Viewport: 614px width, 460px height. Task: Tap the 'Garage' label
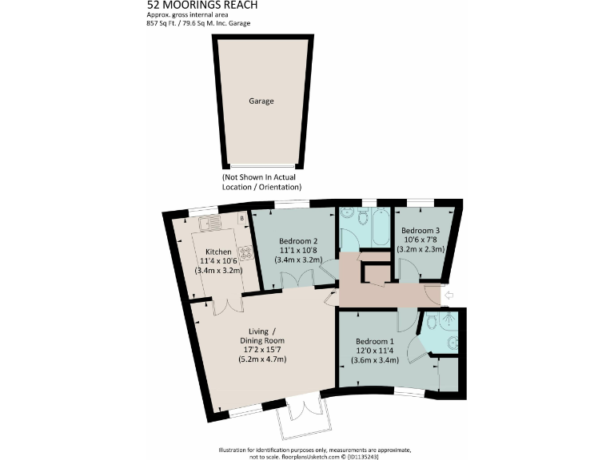coord(261,101)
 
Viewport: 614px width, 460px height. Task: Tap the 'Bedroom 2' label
coord(298,240)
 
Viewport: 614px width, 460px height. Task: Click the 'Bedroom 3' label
coord(421,229)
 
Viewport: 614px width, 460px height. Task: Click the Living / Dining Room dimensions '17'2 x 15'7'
coord(262,350)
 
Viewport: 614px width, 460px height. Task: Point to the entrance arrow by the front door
coord(449,295)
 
